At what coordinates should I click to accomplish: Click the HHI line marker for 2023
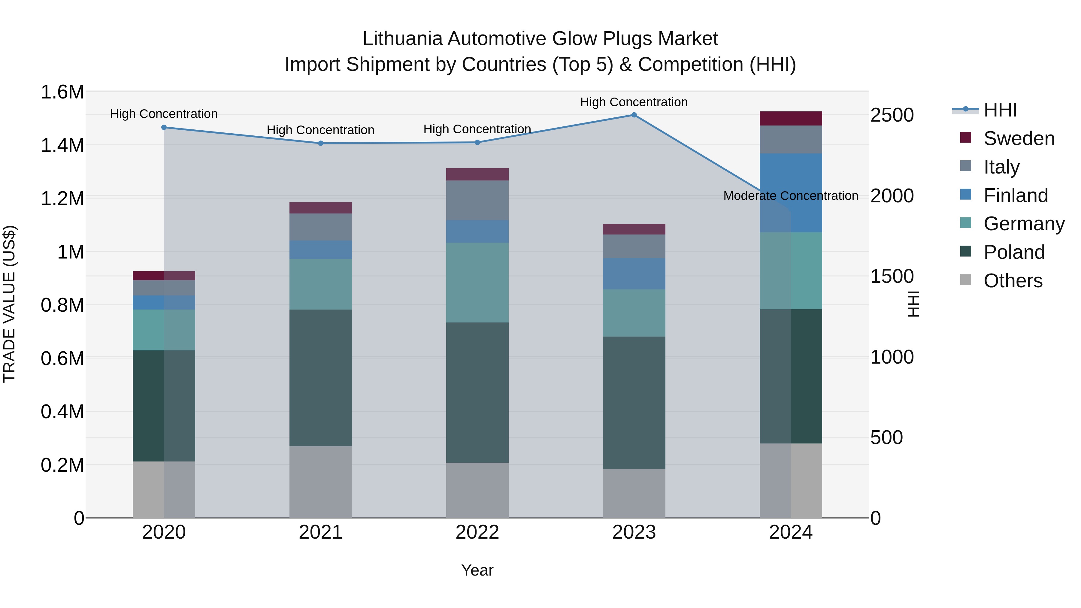tap(634, 115)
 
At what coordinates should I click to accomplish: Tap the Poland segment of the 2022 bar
tap(477, 392)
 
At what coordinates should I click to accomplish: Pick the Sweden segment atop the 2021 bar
tap(321, 208)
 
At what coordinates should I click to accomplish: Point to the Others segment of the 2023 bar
tap(634, 493)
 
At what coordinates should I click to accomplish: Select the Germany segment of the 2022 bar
tap(477, 283)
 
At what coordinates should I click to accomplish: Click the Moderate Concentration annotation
tap(791, 196)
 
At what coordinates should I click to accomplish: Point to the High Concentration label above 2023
tap(634, 102)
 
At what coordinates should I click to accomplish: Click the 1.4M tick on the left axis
tap(62, 146)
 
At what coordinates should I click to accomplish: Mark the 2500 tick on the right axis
tap(892, 115)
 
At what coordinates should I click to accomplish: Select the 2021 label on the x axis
tap(321, 532)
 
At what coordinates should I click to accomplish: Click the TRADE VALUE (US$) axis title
tap(9, 304)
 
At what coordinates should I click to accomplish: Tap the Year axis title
tap(477, 570)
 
